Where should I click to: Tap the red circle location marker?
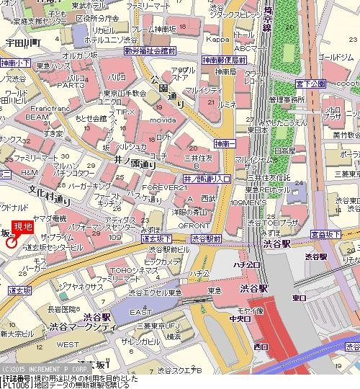[12, 243]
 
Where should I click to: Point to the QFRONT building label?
[171, 223]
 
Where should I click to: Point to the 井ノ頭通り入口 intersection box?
[207, 178]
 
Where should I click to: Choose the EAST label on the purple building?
[140, 312]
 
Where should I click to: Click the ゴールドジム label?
[335, 56]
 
